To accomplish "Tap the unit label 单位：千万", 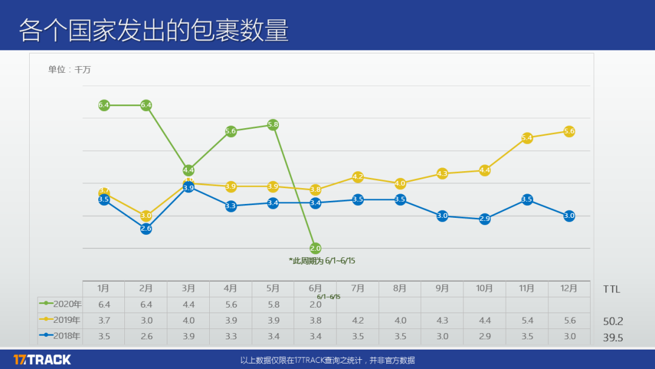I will click(70, 70).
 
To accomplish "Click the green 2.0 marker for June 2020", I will click(315, 248).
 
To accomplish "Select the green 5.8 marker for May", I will click(273, 124).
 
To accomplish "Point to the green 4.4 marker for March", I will click(189, 171).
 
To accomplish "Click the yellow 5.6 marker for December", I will click(569, 131).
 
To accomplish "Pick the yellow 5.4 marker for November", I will click(527, 138).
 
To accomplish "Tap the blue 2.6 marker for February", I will click(146, 229).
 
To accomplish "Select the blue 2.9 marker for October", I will click(485, 218).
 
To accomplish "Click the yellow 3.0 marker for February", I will click(146, 215).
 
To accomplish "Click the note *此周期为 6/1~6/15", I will click(321, 260).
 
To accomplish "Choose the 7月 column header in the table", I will click(358, 289).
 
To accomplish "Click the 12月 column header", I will click(569, 289).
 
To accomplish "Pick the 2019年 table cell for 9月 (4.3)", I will click(442, 320).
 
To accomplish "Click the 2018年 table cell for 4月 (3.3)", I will click(230, 336).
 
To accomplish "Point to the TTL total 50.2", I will click(613, 322).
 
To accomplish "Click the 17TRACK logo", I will click(42, 359).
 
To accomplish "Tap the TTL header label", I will click(611, 289).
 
